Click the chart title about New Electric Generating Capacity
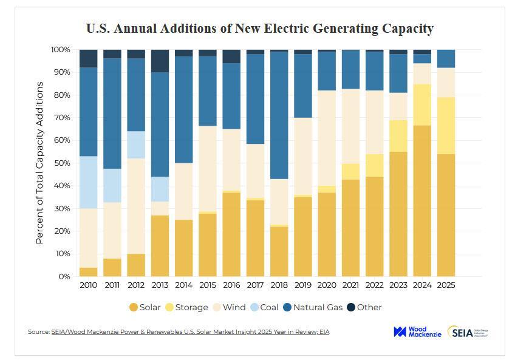point(259,28)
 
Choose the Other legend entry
point(364,307)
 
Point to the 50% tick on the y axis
point(62,163)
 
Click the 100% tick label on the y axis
point(61,49)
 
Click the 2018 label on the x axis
point(279,285)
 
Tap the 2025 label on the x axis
point(446,285)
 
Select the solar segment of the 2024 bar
point(422,200)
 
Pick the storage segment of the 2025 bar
point(446,125)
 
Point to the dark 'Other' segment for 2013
point(160,61)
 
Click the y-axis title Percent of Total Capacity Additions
point(40,163)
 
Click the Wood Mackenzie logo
point(416,331)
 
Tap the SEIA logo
point(468,331)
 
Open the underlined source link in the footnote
point(191,332)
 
